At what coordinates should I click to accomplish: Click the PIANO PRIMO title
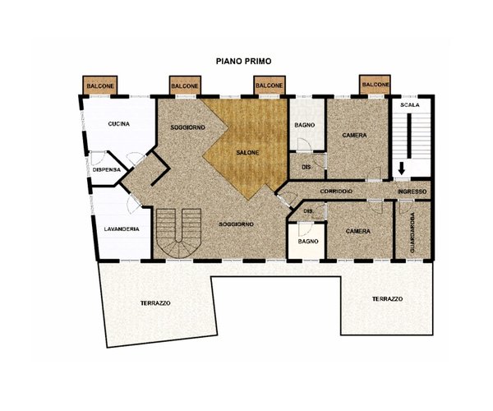243,62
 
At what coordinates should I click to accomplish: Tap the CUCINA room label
119,124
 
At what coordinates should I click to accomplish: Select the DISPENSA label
107,169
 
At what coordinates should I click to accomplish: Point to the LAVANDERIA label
122,229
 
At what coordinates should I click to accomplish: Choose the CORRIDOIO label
336,192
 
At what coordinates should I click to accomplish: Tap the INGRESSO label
412,192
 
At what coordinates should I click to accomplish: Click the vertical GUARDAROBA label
412,233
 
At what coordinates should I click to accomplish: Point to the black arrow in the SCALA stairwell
401,169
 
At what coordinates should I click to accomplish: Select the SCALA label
410,104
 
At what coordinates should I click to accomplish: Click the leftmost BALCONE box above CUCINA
100,85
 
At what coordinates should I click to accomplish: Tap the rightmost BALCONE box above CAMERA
376,85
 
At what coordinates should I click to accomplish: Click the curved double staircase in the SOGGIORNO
178,233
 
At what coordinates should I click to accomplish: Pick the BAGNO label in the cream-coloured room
308,242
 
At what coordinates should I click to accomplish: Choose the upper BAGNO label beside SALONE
304,125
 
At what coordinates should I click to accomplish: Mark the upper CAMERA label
354,135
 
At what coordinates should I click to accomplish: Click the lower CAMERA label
357,231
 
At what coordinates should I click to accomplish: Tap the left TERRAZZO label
155,303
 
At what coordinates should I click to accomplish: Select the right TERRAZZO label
387,298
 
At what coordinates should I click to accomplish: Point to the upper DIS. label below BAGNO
306,167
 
